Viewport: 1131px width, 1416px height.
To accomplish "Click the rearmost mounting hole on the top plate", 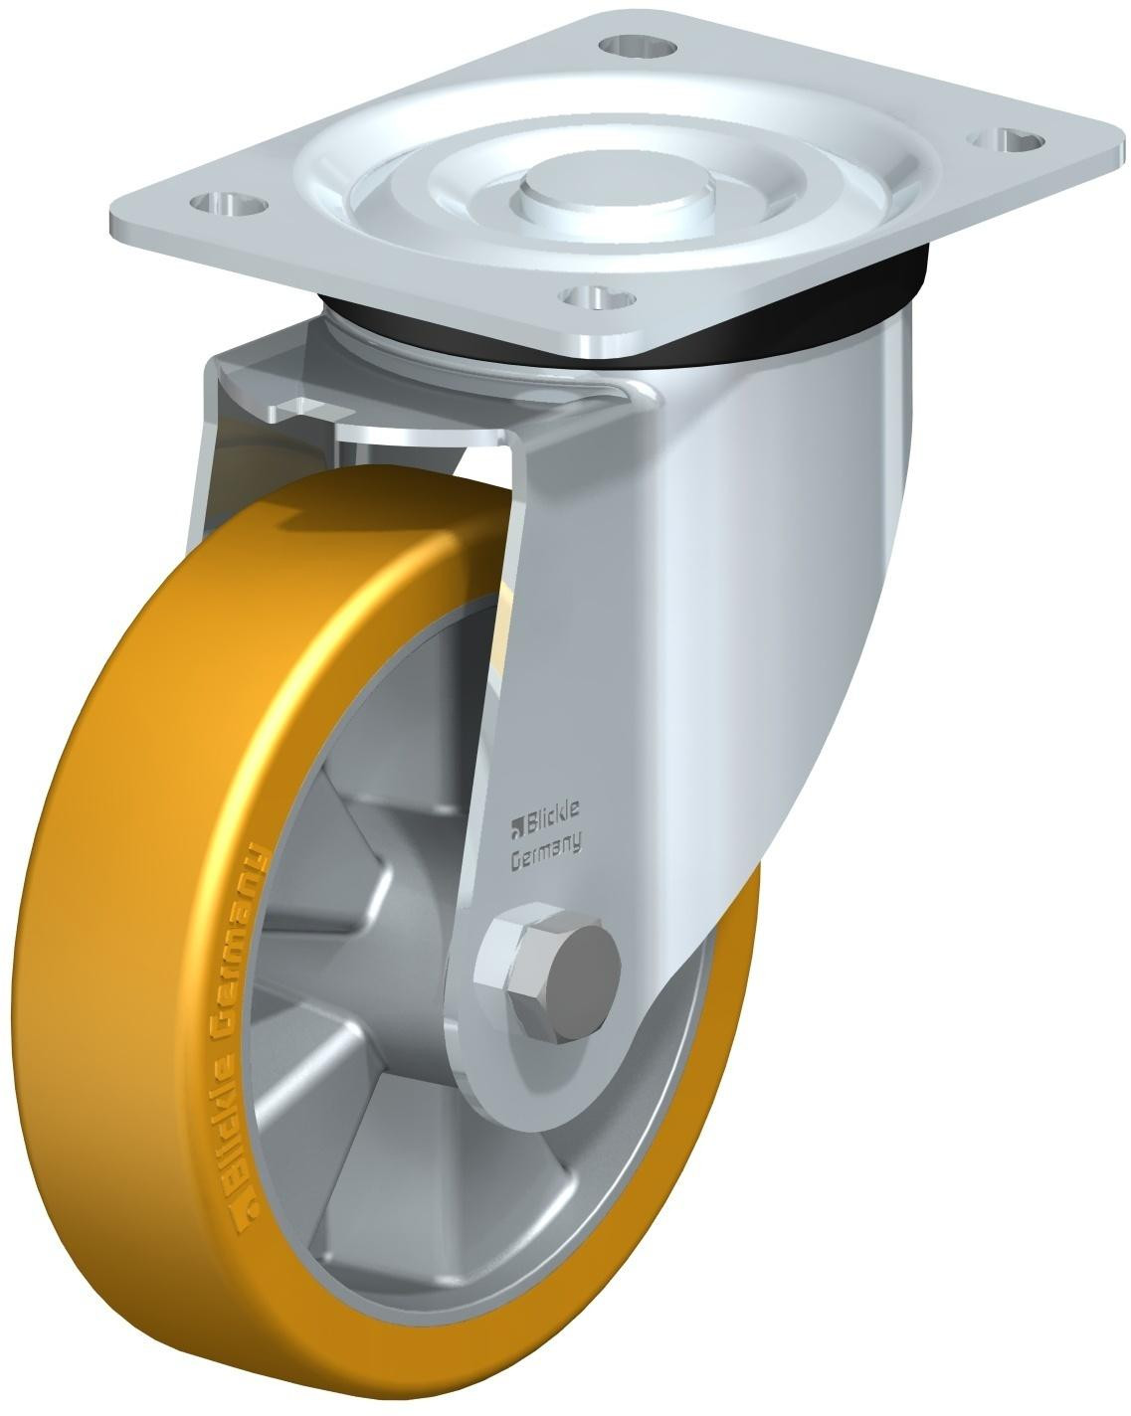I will point(636,45).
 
